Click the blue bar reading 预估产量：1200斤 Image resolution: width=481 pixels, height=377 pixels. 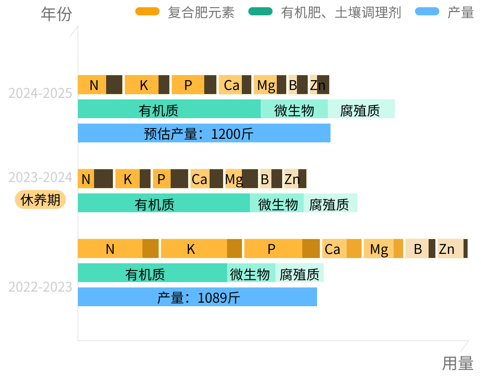(204, 133)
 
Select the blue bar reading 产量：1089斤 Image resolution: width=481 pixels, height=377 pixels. (197, 297)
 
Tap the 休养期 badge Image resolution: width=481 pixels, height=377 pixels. (40, 200)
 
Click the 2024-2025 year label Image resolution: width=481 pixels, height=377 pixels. (40, 94)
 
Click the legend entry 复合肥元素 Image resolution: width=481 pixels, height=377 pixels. (185, 13)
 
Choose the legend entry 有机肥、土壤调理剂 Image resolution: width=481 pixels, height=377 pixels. (325, 13)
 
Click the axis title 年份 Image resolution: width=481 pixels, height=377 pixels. (56, 14)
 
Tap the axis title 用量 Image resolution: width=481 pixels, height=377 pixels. (458, 363)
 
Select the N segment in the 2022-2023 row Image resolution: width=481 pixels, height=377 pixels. (118, 249)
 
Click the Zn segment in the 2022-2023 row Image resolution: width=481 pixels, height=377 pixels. (452, 249)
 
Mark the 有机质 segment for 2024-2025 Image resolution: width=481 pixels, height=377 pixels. (169, 109)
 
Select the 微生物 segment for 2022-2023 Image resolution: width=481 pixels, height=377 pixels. (251, 273)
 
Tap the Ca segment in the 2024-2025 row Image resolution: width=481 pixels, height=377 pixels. (235, 85)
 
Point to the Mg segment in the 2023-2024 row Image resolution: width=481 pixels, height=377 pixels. (241, 179)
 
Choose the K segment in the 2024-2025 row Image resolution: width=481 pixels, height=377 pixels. (147, 85)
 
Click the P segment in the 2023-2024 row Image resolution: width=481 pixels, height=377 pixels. (170, 179)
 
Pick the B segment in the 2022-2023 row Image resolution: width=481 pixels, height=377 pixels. (420, 249)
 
